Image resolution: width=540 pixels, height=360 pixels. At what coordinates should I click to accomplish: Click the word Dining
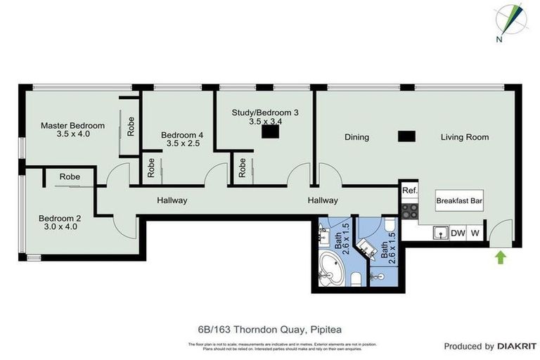[356, 137]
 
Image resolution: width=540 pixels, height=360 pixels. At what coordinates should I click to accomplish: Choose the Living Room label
[464, 137]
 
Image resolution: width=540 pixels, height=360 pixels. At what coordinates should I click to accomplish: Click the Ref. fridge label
[409, 191]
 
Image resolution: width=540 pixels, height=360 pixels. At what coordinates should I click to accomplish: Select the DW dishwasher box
[458, 233]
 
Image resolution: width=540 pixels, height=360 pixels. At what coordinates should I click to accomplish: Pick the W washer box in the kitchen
[476, 233]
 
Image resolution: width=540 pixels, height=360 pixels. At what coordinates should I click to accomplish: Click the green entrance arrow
[501, 257]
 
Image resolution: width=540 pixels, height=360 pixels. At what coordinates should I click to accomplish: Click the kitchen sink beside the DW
[439, 232]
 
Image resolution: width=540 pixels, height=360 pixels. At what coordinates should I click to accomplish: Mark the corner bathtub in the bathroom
[330, 270]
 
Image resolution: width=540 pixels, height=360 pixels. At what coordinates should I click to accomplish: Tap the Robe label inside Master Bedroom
[131, 126]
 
